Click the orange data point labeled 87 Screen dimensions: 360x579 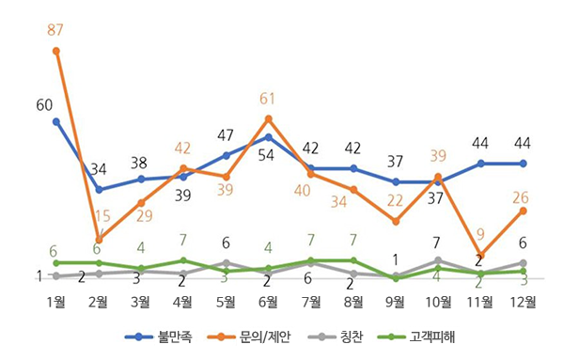tap(56, 51)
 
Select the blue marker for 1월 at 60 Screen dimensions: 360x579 tap(56, 121)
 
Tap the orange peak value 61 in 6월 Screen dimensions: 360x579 tap(268, 97)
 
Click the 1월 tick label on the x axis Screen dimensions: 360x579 tap(56, 302)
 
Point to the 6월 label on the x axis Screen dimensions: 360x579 tap(268, 302)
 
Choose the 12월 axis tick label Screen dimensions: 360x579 tap(523, 302)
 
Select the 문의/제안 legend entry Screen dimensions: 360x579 tap(258, 337)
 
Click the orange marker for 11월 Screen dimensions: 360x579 tap(480, 255)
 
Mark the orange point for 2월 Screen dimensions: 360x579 tap(99, 239)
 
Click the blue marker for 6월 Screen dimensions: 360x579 tap(269, 137)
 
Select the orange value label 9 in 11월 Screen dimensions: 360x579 tap(480, 234)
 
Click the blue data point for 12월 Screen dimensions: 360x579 tap(523, 164)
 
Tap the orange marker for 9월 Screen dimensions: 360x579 tap(396, 221)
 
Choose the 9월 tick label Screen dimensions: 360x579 tap(396, 302)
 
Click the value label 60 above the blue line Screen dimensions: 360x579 tap(45, 104)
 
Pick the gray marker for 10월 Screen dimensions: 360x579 tap(438, 260)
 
